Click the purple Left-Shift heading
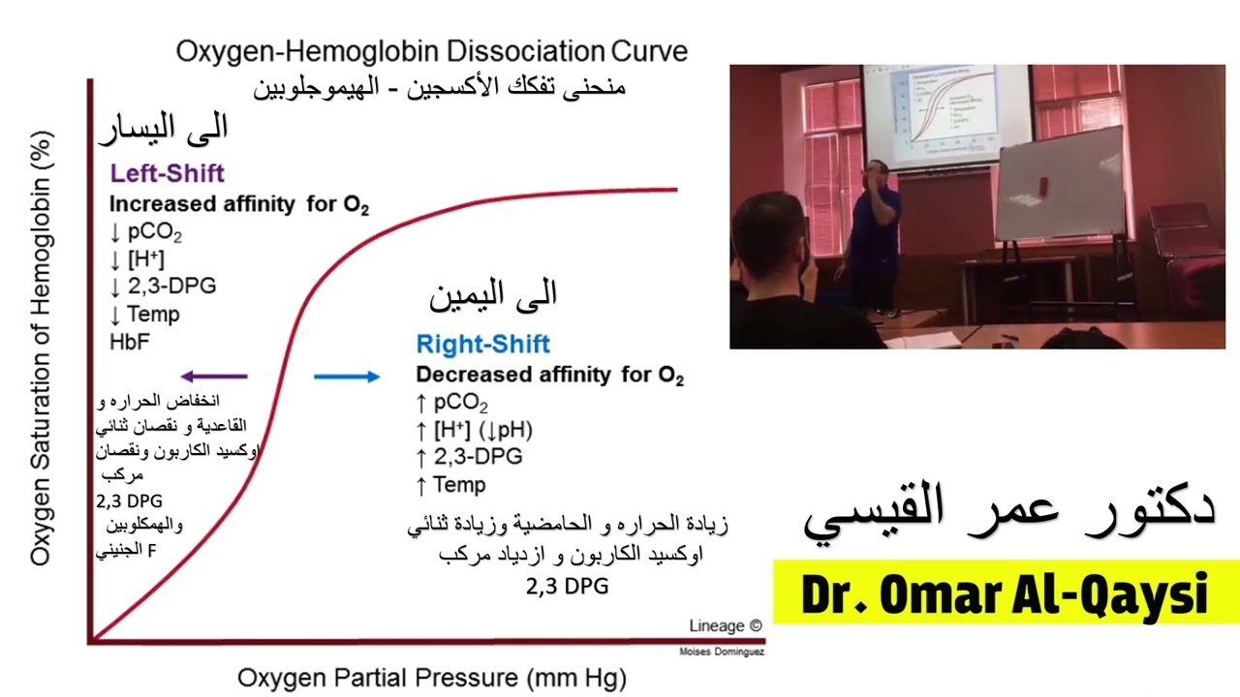click(x=167, y=174)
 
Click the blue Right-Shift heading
click(x=482, y=344)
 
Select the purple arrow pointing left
click(x=215, y=377)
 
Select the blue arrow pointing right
click(x=347, y=377)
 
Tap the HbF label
click(x=129, y=342)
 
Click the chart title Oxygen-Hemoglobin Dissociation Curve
click(x=431, y=51)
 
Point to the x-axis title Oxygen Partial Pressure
click(x=431, y=677)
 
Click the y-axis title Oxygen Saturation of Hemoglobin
click(x=41, y=348)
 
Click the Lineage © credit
click(x=725, y=626)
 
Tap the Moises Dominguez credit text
click(x=722, y=652)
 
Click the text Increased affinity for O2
click(x=238, y=205)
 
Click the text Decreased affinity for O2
click(x=549, y=376)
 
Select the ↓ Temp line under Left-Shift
click(x=144, y=314)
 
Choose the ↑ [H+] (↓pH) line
click(x=474, y=430)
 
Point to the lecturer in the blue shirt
click(x=873, y=232)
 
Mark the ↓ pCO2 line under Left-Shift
click(x=145, y=233)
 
